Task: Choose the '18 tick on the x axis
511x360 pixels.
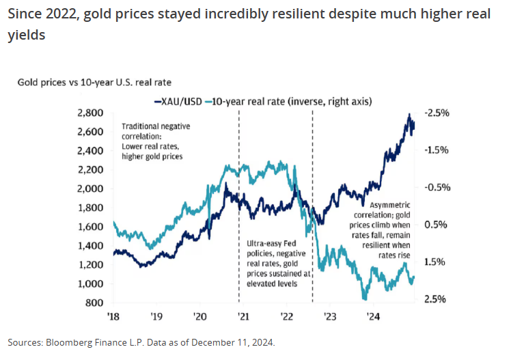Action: point(113,316)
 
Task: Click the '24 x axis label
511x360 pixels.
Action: point(374,316)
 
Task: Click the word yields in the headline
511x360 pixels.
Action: point(26,35)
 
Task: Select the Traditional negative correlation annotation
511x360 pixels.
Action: point(156,141)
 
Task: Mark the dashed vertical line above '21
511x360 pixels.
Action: point(239,205)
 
